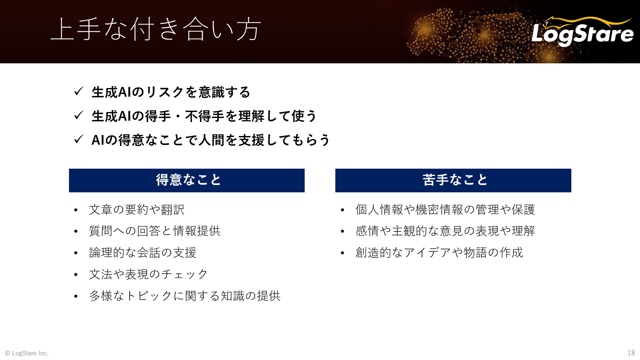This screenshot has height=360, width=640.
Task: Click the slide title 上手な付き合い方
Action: [x=156, y=29]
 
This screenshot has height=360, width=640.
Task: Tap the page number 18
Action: [x=631, y=353]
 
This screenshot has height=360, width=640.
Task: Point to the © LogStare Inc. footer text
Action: [x=27, y=353]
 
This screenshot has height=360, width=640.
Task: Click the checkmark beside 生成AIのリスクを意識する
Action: [x=78, y=91]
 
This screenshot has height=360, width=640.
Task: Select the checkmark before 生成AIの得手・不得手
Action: [x=78, y=115]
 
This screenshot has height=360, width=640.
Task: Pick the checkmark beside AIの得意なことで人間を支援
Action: [x=78, y=139]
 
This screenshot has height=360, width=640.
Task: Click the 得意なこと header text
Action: [x=188, y=180]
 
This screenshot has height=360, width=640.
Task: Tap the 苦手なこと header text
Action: [x=455, y=180]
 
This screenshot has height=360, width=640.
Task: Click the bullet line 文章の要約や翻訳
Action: [x=137, y=210]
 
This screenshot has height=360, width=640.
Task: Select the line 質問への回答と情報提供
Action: [x=155, y=231]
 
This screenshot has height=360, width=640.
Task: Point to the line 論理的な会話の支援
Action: [x=143, y=253]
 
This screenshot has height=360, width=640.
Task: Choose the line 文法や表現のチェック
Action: [x=149, y=274]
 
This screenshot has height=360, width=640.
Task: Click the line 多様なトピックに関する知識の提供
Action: [x=185, y=296]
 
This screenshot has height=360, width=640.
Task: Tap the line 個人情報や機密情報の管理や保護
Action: [x=445, y=210]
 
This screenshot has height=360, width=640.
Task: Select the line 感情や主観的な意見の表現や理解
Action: [x=445, y=231]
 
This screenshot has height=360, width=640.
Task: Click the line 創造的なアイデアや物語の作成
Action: [x=439, y=253]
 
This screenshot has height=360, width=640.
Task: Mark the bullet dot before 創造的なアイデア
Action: [x=342, y=253]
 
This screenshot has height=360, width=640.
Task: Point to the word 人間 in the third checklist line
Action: [x=211, y=140]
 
